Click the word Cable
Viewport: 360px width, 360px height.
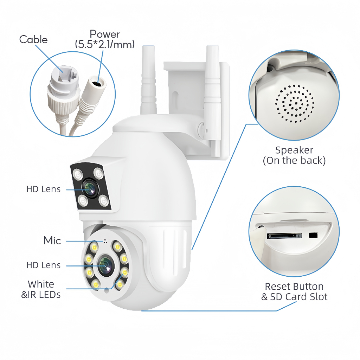(33, 39)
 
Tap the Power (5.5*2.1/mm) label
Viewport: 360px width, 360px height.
(105, 39)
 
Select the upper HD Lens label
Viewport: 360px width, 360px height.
(43, 189)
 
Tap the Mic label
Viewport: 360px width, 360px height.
(52, 240)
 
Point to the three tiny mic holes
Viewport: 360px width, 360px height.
(105, 241)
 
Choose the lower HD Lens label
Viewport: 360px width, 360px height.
(43, 265)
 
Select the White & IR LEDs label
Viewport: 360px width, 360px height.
(41, 289)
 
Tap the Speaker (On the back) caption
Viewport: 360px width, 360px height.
(294, 155)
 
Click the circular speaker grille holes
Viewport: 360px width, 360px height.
(294, 104)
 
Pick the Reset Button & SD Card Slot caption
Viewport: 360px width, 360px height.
(294, 291)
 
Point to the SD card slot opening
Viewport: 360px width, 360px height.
(284, 236)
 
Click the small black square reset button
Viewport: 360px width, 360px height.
(313, 235)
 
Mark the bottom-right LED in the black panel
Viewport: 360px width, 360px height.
(104, 201)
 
